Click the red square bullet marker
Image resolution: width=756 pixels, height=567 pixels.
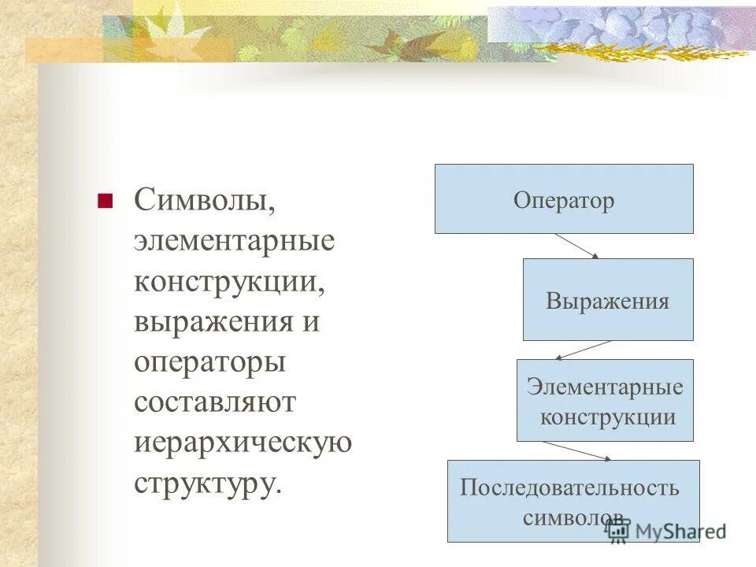click(103, 201)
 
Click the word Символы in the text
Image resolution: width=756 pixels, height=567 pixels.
click(204, 201)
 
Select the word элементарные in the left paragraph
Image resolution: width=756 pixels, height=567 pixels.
click(234, 241)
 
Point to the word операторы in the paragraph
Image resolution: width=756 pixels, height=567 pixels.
click(209, 363)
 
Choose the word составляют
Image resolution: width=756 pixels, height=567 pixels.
click(214, 402)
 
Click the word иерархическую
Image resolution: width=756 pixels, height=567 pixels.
click(243, 443)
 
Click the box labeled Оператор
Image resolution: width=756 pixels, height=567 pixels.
click(564, 198)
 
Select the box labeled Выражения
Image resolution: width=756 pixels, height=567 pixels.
click(608, 299)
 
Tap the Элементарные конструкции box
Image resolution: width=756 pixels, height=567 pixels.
click(605, 400)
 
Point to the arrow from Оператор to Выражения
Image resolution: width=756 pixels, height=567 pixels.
click(577, 246)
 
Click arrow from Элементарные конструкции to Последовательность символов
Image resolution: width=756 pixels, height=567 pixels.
click(576, 450)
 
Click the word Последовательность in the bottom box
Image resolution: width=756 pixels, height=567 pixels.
click(569, 487)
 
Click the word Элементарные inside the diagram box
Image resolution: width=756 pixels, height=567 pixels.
click(605, 387)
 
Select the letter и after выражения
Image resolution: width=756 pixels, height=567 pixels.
click(311, 322)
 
